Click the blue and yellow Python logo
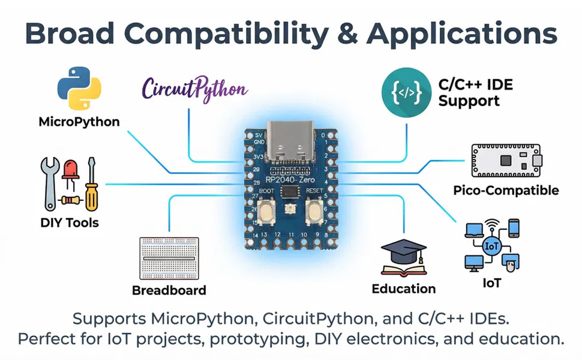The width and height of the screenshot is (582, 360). click(79, 88)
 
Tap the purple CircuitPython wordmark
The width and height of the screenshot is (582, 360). click(194, 89)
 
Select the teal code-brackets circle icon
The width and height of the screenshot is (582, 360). click(406, 92)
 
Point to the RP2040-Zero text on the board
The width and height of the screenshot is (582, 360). click(290, 179)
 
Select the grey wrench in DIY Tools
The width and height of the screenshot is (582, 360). click(50, 184)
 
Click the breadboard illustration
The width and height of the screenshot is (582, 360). click(169, 259)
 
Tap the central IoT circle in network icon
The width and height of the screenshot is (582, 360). click(491, 246)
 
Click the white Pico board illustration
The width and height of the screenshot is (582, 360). click(506, 161)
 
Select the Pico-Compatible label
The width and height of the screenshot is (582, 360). click(506, 190)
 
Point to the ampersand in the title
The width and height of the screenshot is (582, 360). click(348, 34)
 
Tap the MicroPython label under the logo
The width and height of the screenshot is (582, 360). click(79, 122)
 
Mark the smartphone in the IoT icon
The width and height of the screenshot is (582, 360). click(514, 228)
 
